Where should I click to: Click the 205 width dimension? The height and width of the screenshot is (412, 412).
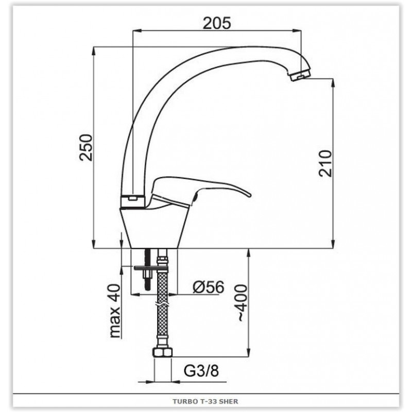point(217,23)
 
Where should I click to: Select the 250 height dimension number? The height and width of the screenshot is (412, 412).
point(86,147)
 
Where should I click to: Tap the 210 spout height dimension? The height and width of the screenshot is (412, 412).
point(325,163)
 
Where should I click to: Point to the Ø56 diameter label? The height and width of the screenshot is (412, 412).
point(209,287)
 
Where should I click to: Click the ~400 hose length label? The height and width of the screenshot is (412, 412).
point(240,303)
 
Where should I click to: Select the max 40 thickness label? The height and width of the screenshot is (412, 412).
point(114,311)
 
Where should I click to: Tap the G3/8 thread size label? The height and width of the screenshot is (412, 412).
point(201,371)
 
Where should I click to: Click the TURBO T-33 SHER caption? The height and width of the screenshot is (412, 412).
point(205,401)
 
